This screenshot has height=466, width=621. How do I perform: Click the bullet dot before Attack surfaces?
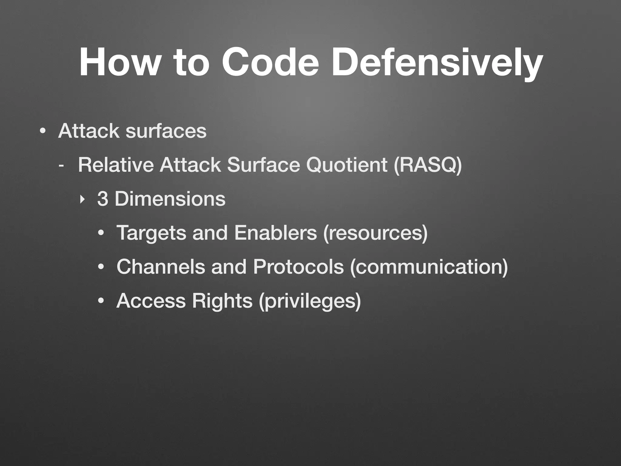point(43,131)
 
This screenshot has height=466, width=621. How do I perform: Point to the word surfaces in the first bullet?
point(166,131)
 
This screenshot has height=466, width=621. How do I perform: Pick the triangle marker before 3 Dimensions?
point(81,200)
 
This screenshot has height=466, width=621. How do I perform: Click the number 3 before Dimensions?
point(102,199)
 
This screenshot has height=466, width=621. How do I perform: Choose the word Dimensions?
point(170,199)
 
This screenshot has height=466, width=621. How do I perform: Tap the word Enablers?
point(276,233)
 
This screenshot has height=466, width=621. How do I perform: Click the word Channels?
point(160,267)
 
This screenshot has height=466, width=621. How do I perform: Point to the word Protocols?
point(298,267)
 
